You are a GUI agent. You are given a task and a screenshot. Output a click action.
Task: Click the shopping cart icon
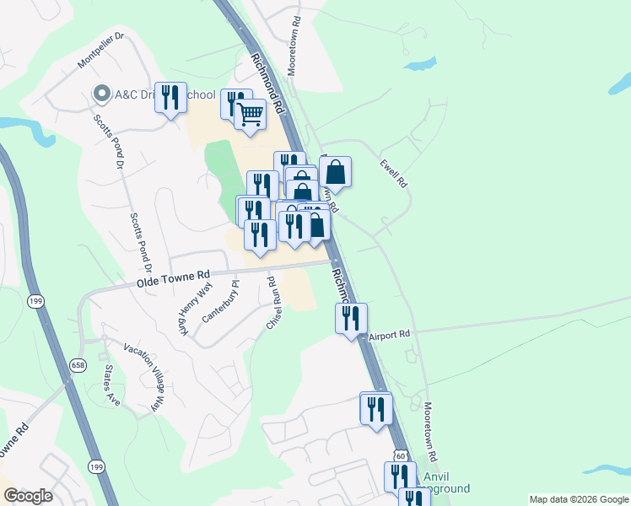tap(251, 114)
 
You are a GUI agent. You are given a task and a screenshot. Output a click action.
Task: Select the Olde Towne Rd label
tap(173, 277)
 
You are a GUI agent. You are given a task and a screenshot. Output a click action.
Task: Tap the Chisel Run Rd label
tap(273, 303)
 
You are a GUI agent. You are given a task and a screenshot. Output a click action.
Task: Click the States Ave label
tap(111, 385)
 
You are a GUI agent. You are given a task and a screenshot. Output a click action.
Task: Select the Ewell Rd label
tap(394, 173)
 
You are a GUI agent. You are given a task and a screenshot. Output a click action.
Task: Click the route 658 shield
tap(78, 364)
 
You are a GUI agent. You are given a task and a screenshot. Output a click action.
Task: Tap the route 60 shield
tap(400, 455)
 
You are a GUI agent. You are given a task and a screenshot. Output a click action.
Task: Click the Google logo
tap(28, 496)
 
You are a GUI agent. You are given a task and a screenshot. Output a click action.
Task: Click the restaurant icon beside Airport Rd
tap(351, 318)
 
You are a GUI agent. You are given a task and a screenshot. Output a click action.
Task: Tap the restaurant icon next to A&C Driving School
tap(172, 98)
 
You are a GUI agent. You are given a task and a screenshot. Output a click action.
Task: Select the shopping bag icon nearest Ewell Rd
tap(335, 172)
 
